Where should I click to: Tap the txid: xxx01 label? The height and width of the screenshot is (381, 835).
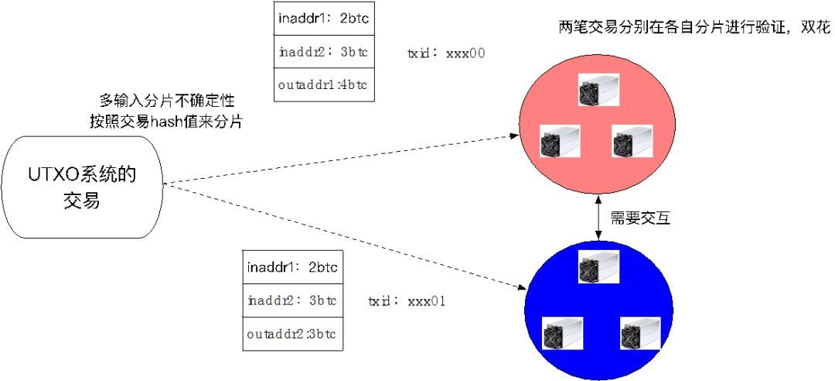click(407, 300)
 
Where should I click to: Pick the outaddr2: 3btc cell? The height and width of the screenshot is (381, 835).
click(291, 335)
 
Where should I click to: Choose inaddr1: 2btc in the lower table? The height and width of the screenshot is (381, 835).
click(291, 267)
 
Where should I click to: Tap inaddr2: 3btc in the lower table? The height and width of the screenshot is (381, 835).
click(291, 300)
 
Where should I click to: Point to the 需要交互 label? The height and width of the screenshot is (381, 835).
click(640, 218)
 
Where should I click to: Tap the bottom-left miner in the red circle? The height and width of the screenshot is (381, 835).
click(560, 142)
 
